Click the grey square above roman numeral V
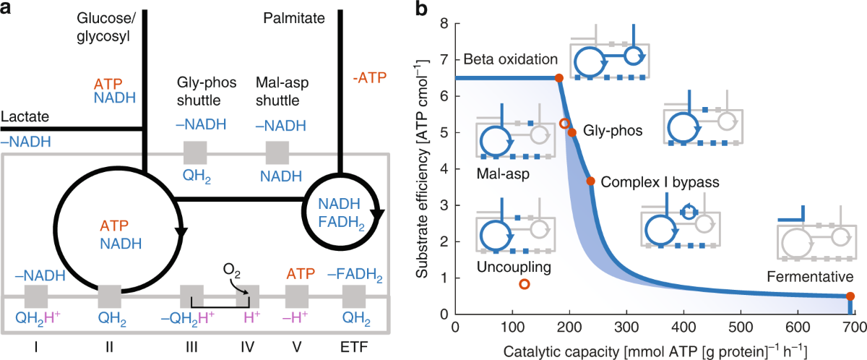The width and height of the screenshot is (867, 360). (x=296, y=296)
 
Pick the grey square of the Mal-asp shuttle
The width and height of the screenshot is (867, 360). (x=277, y=153)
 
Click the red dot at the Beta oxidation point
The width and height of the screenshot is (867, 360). (x=558, y=78)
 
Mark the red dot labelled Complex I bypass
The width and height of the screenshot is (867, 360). (x=590, y=181)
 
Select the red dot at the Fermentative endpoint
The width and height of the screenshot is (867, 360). (x=850, y=296)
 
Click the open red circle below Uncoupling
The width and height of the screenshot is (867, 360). (x=525, y=284)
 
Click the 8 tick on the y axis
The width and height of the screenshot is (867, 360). (x=444, y=24)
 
